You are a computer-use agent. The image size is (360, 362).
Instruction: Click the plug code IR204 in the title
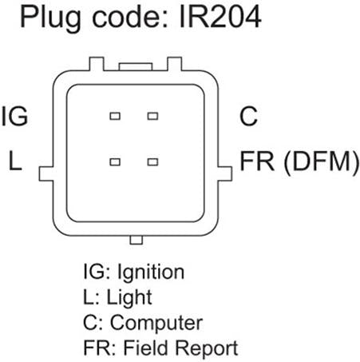220,17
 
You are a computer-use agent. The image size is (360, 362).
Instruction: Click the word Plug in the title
50,18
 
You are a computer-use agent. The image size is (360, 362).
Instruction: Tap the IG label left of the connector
15,116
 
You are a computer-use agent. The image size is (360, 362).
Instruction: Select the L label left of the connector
15,161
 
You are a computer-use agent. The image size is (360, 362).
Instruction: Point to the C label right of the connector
248,116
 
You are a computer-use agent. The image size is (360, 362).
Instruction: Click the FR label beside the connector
257,161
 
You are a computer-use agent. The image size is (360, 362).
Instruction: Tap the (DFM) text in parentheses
322,162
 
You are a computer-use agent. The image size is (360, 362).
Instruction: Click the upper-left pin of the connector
115,116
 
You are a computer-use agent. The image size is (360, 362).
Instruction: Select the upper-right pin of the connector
152,116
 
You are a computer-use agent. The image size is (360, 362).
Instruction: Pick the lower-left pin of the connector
115,162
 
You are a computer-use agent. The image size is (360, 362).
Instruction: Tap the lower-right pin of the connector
152,162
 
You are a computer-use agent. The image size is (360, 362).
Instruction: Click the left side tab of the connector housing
46,174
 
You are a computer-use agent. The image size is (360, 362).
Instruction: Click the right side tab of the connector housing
225,174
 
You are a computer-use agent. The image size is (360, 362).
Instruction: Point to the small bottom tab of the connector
136,240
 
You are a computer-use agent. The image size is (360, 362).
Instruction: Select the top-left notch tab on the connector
97,64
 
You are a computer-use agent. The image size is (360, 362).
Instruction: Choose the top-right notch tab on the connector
174,64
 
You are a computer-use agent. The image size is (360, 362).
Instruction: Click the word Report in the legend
207,348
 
